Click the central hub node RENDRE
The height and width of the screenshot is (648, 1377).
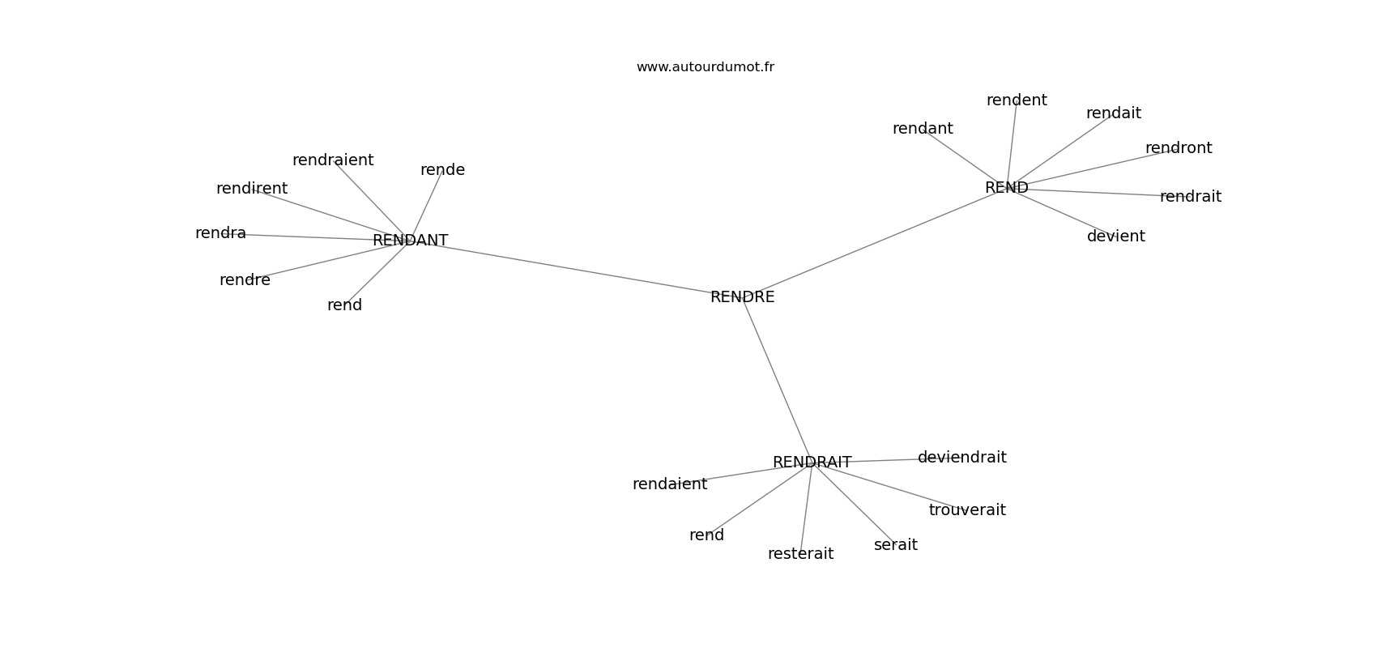742,297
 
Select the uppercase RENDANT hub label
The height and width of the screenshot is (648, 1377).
410,241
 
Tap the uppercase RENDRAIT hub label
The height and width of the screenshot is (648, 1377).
812,463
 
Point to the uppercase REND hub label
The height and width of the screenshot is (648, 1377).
1006,187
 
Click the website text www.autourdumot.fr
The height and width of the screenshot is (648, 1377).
705,67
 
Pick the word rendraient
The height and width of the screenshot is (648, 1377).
333,160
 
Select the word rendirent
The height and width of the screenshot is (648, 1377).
251,188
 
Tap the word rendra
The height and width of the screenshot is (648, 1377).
220,233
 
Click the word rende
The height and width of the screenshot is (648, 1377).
442,169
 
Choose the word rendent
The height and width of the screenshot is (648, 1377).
1017,100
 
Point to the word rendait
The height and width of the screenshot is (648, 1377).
1113,113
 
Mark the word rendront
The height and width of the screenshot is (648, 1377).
1179,148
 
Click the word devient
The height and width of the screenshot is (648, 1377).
1115,236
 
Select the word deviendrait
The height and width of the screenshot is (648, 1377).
962,458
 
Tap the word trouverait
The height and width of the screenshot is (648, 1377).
967,509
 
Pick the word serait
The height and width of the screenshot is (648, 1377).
896,544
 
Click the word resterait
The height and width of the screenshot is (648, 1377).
800,554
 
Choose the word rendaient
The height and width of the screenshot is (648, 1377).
670,484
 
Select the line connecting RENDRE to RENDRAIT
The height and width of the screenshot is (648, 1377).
777,380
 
